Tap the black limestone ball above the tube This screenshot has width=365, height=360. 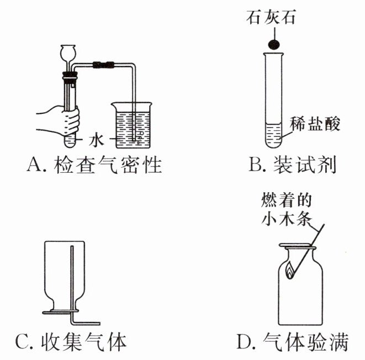pyautogui.click(x=274, y=43)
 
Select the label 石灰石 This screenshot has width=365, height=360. pyautogui.click(x=273, y=17)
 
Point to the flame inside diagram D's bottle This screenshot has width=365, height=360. pyautogui.click(x=291, y=271)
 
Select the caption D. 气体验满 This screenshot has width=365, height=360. pyautogui.click(x=293, y=342)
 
